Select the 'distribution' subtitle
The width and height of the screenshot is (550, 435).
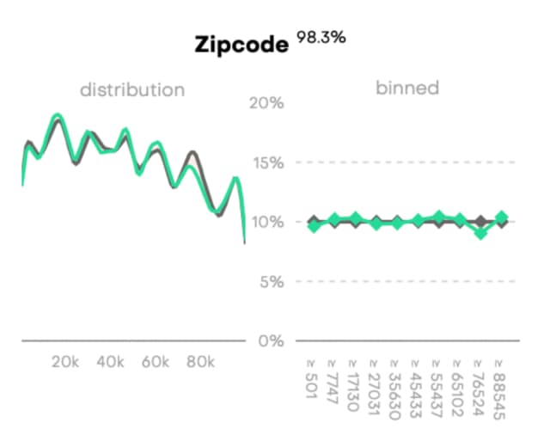[131, 89]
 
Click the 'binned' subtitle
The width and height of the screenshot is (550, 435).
[407, 88]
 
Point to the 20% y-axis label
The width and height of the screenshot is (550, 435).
[265, 103]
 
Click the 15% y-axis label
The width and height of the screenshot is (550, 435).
[266, 162]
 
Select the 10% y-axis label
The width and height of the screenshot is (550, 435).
[266, 222]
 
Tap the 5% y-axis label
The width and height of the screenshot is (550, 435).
[269, 281]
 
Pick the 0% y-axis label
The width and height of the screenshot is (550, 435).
[269, 340]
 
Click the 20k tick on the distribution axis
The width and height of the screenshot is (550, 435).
[66, 362]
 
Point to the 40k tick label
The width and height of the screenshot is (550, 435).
[111, 362]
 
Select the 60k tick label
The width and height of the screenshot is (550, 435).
[156, 362]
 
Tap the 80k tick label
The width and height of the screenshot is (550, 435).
[200, 362]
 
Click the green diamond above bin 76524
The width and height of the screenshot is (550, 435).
[481, 232]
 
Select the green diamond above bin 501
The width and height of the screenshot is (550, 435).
[314, 225]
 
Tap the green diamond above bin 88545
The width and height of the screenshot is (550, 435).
[502, 218]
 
